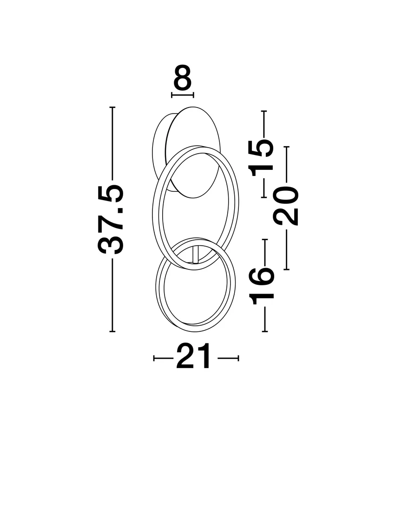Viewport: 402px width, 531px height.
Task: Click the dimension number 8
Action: [x=183, y=78]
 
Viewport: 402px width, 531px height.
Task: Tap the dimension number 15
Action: [x=262, y=158]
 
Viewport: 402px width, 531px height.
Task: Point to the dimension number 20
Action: [x=286, y=206]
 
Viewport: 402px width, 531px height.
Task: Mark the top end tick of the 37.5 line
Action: [x=112, y=108]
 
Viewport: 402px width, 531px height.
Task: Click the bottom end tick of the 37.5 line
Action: [x=112, y=331]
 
